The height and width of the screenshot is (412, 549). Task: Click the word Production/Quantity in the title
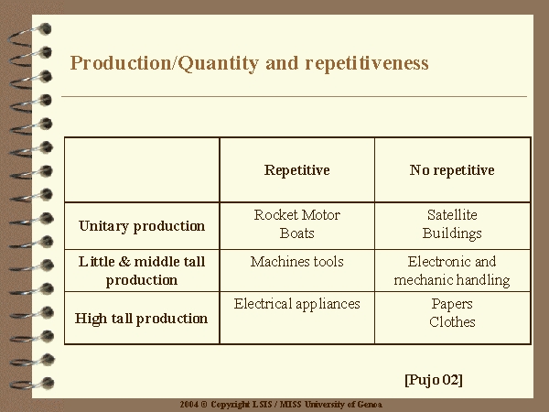(x=164, y=64)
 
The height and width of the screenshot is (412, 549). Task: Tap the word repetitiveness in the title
(x=367, y=63)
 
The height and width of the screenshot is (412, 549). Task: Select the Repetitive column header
(x=296, y=170)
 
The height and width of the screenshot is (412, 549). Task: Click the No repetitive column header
(x=452, y=170)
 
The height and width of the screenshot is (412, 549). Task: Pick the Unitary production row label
(x=142, y=226)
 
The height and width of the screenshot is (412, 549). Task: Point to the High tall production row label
(x=141, y=319)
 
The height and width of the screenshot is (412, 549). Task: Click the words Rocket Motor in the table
(x=296, y=215)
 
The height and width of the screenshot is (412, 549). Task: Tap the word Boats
(x=296, y=233)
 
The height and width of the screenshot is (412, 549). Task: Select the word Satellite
(x=452, y=215)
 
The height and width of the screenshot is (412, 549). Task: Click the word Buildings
(x=452, y=233)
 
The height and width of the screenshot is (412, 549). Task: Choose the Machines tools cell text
(x=296, y=262)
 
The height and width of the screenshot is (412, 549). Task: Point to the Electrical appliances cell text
(x=296, y=304)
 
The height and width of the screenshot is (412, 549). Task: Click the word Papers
(x=452, y=304)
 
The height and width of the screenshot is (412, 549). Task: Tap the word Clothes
(x=452, y=322)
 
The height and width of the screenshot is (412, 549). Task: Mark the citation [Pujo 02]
(x=434, y=380)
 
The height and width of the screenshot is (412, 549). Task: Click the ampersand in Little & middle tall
(x=124, y=262)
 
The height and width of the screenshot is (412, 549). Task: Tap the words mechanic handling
(x=452, y=280)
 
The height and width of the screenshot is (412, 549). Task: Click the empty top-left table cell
(x=142, y=170)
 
